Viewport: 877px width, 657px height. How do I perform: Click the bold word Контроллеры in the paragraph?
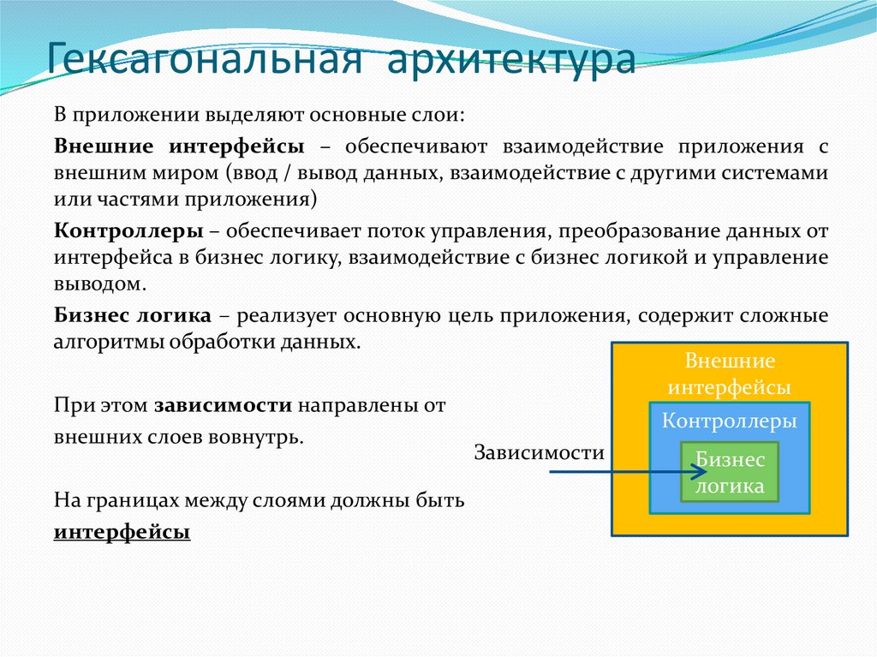[x=128, y=231]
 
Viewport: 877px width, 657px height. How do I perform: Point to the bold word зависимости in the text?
[x=224, y=405]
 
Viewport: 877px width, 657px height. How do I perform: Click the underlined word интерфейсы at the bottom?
[x=122, y=532]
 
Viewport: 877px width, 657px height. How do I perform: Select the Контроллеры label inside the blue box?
[x=730, y=421]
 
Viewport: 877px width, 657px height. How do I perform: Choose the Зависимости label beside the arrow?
[x=540, y=453]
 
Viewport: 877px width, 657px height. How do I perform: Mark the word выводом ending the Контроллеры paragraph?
[x=94, y=284]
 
